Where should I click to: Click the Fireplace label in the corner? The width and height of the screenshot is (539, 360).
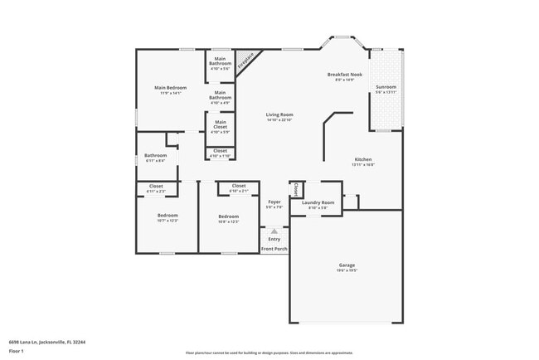click(x=245, y=61)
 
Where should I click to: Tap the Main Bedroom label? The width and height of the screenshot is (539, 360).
click(x=170, y=88)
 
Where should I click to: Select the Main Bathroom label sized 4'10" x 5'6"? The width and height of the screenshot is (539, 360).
click(x=220, y=61)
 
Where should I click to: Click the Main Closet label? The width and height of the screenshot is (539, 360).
click(x=220, y=124)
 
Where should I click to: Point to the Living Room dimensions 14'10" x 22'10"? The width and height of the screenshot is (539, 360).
click(x=279, y=120)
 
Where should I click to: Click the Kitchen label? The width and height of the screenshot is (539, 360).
click(x=363, y=158)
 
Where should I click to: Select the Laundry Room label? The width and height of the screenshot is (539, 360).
click(x=318, y=202)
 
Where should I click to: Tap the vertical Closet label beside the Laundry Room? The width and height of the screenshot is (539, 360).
click(x=295, y=189)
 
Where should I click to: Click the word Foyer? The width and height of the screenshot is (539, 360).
click(x=274, y=202)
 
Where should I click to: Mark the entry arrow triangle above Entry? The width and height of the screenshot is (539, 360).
click(x=274, y=232)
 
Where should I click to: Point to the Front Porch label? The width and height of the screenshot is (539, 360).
click(x=274, y=249)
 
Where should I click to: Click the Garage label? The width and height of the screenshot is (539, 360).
click(x=347, y=265)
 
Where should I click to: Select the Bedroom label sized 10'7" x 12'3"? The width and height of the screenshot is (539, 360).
click(x=168, y=216)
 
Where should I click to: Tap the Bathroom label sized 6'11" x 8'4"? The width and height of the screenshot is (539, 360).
click(x=156, y=155)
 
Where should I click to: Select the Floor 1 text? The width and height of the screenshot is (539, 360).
click(x=17, y=351)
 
